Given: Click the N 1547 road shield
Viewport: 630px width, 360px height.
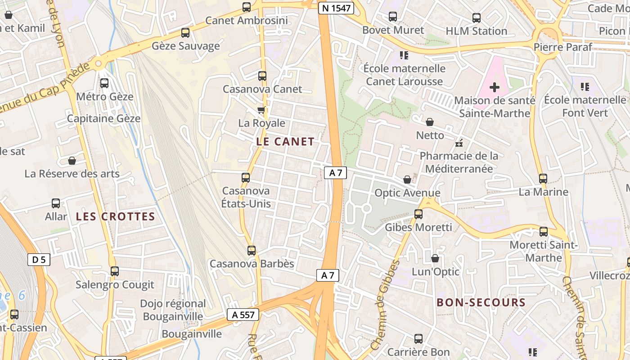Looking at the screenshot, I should point(336,8).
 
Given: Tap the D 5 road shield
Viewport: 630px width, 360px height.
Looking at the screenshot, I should point(39,259).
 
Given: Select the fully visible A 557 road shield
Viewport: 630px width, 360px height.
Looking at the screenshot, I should point(243,315).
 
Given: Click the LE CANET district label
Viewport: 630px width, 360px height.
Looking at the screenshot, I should point(285,142).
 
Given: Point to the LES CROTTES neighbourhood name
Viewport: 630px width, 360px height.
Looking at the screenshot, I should point(115,216).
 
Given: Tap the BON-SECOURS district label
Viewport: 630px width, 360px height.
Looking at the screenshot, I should point(481,302).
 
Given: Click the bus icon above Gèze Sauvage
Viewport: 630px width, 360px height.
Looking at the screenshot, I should point(185,33).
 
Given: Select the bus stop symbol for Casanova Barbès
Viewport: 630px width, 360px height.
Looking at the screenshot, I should point(252,251).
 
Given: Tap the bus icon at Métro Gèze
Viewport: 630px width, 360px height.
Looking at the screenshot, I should point(104,83).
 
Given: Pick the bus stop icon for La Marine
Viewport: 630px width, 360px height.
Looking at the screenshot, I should point(543,179).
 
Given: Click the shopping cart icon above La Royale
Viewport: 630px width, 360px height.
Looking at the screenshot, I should point(261,110).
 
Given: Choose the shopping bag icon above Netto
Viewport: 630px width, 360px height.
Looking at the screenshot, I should point(430,122).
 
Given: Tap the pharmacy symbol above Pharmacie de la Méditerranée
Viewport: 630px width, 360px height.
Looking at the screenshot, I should point(459,144).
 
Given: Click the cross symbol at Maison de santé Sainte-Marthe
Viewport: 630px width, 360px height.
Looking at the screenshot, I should point(495,87).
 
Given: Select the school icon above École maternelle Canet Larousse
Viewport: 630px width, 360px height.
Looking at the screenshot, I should point(404,55).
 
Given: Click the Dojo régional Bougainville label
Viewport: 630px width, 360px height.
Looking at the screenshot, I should point(173,310).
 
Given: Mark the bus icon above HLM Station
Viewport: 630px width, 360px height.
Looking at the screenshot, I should point(477,18).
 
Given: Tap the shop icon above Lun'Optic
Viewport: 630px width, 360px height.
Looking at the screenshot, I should point(435,258).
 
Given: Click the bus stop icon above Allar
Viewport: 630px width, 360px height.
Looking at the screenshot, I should point(56,203).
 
